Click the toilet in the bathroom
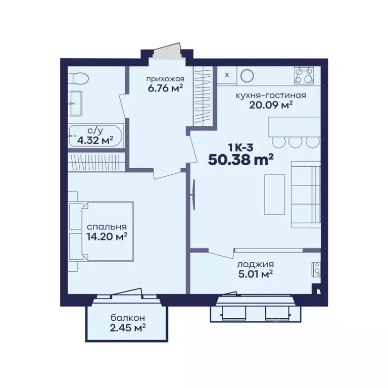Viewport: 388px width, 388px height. (x=78, y=78)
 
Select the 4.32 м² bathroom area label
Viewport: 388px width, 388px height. (x=95, y=140)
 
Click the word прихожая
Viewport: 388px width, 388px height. (x=165, y=79)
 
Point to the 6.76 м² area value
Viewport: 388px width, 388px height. (x=165, y=88)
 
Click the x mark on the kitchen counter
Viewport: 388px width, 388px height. (x=227, y=75)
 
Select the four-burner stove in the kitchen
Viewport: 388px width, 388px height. (x=304, y=75)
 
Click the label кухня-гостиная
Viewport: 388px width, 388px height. (x=271, y=95)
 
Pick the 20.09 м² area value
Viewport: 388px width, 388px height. (x=271, y=105)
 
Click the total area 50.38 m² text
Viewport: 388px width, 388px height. (x=241, y=160)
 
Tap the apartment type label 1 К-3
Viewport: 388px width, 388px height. (x=241, y=148)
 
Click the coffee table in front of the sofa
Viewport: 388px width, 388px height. (x=275, y=195)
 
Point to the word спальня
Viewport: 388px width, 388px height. (x=107, y=227)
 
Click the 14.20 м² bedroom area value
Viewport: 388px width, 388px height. (x=107, y=236)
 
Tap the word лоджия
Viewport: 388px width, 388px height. (x=256, y=265)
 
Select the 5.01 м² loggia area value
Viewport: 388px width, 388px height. (x=256, y=274)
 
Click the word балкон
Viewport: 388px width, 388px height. (x=128, y=318)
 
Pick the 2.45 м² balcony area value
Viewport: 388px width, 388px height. (x=128, y=327)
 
